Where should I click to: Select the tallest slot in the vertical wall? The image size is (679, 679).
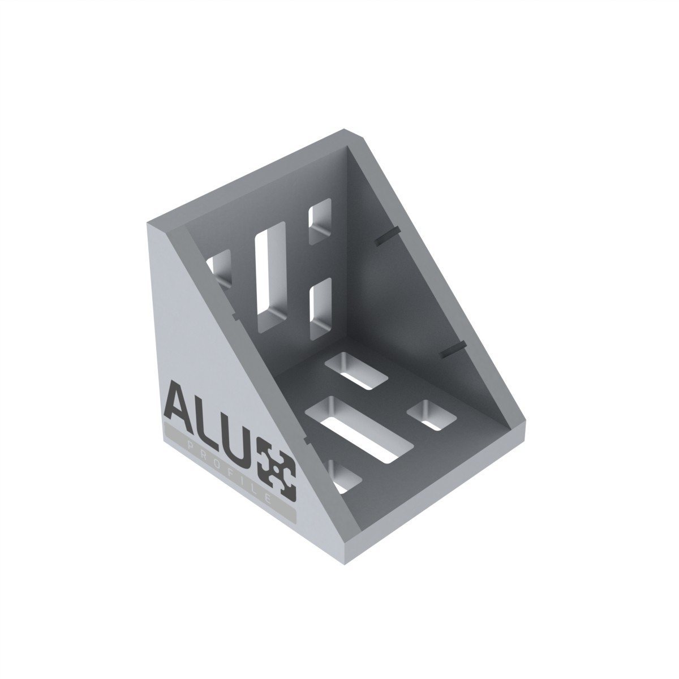tap(270, 277)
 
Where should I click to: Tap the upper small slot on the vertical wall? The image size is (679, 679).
tap(320, 221)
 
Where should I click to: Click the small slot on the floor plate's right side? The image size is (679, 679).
tap(433, 416)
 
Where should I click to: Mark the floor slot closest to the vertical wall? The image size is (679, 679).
tap(356, 371)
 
